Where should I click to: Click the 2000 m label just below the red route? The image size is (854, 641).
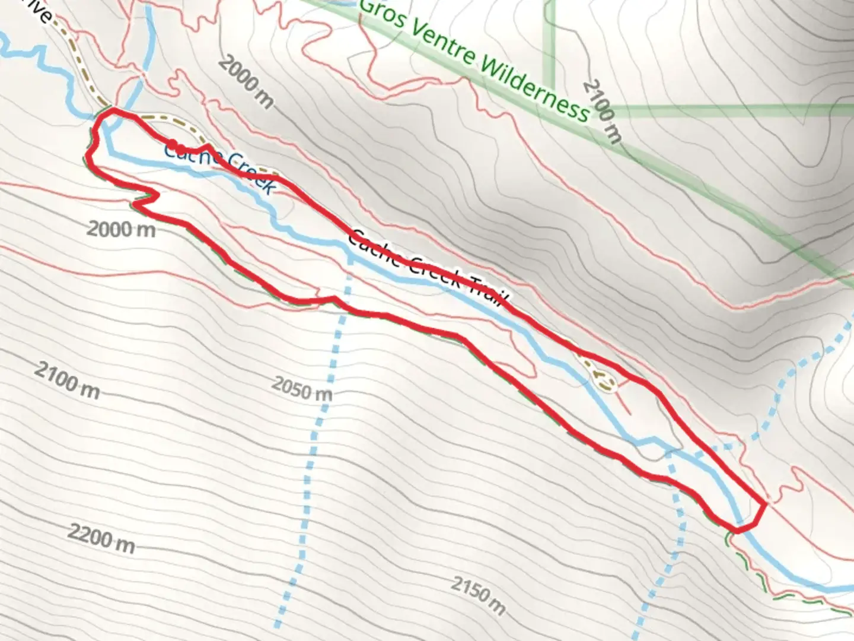click(121, 229)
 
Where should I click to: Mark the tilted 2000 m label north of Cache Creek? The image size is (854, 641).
click(246, 82)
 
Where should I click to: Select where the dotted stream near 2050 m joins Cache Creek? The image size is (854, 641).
click(350, 259)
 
